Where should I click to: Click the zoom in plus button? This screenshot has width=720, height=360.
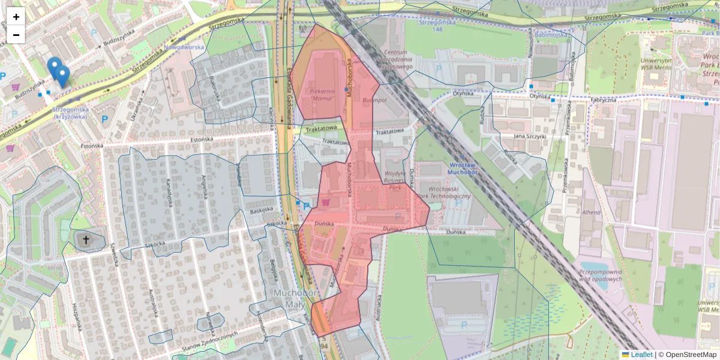[x=16, y=17]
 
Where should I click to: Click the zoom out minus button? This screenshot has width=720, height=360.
[x=16, y=35]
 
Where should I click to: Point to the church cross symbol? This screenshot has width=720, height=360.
[x=86, y=240]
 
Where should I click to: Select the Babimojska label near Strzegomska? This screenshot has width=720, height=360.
[x=551, y=35]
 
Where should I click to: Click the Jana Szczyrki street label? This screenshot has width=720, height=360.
[x=528, y=136]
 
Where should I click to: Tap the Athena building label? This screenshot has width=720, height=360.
[x=591, y=212]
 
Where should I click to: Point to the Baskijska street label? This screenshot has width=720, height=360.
[x=262, y=211]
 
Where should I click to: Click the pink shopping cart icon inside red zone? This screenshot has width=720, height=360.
[x=326, y=202]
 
